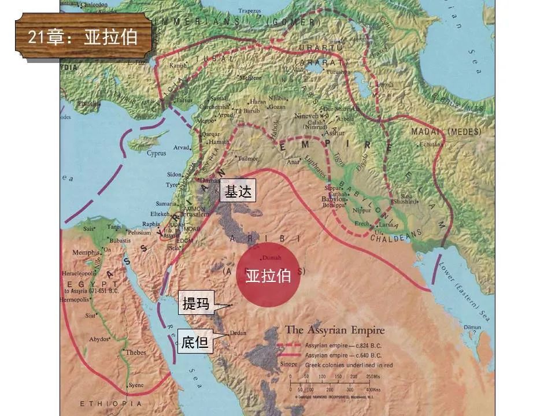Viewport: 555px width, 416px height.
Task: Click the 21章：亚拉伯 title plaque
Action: tap(83, 37)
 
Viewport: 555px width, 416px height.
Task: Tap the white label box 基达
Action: tap(238, 192)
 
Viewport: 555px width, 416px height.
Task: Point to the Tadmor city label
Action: tap(248, 158)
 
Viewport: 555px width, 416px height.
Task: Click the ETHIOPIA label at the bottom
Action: tap(110, 403)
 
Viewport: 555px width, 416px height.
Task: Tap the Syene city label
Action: tap(136, 385)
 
